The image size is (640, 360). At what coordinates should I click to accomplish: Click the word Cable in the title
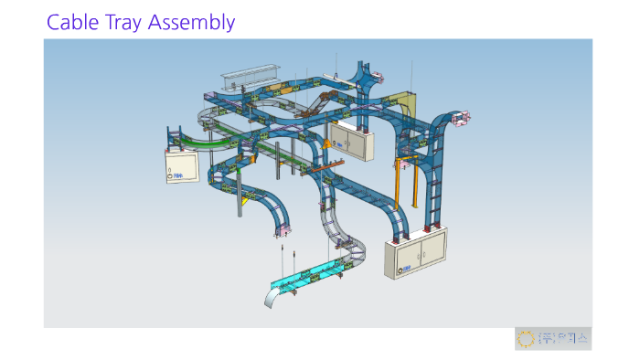pyautogui.click(x=71, y=21)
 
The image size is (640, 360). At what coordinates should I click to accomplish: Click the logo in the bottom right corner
pyautogui.click(x=552, y=338)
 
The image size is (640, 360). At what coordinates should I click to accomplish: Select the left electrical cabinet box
pyautogui.click(x=181, y=164)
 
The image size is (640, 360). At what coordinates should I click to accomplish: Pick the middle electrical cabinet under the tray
pyautogui.click(x=353, y=141)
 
